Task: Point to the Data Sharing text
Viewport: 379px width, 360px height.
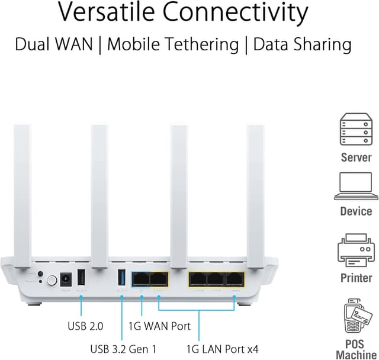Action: pos(302,44)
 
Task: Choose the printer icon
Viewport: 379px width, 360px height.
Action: pos(356,250)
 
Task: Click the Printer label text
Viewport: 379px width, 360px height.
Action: pos(356,278)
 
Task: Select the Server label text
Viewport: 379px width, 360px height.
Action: pos(356,157)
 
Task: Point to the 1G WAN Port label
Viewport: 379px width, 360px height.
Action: pos(160,325)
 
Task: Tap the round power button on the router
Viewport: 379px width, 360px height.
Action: pos(52,281)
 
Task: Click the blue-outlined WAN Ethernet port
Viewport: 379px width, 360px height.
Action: pos(141,278)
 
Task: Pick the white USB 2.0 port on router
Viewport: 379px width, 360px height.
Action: pos(82,279)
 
